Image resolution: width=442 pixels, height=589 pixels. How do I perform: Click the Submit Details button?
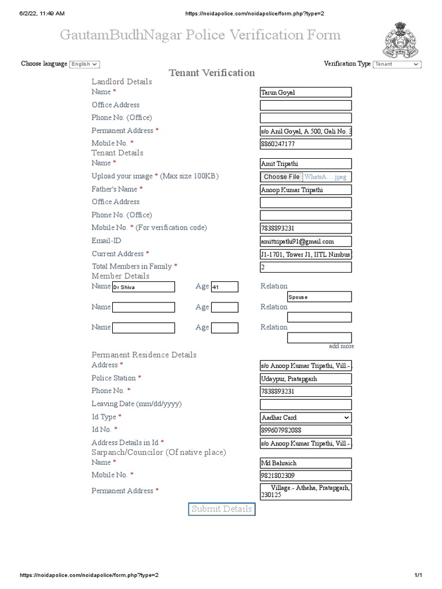[222, 509]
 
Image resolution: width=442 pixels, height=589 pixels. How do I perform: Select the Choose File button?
[281, 177]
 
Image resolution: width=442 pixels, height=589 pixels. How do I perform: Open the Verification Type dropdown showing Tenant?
[397, 64]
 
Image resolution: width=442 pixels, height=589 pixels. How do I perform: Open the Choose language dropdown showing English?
[85, 64]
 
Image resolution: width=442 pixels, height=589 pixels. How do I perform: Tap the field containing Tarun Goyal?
[306, 93]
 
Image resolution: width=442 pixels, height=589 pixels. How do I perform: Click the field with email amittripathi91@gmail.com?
[306, 242]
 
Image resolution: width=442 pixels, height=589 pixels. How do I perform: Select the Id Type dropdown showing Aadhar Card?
[306, 418]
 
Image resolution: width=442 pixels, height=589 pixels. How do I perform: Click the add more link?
[341, 346]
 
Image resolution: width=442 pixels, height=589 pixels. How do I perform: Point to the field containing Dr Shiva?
[143, 287]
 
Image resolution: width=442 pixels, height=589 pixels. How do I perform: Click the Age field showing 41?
[224, 287]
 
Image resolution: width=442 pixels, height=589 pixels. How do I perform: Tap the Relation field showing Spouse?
[319, 297]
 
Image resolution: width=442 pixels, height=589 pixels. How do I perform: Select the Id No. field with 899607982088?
[306, 430]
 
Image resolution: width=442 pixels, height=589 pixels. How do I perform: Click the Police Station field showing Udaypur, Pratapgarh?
[306, 379]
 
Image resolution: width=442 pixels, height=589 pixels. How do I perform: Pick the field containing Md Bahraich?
[306, 463]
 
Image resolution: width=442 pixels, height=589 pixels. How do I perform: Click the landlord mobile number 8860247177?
[306, 144]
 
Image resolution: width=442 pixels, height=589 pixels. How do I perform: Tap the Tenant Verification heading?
[212, 73]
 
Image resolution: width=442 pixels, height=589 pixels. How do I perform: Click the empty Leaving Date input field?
[306, 404]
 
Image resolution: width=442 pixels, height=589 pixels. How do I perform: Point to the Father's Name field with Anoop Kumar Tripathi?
[306, 190]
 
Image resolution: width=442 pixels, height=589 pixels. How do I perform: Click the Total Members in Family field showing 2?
[306, 267]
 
